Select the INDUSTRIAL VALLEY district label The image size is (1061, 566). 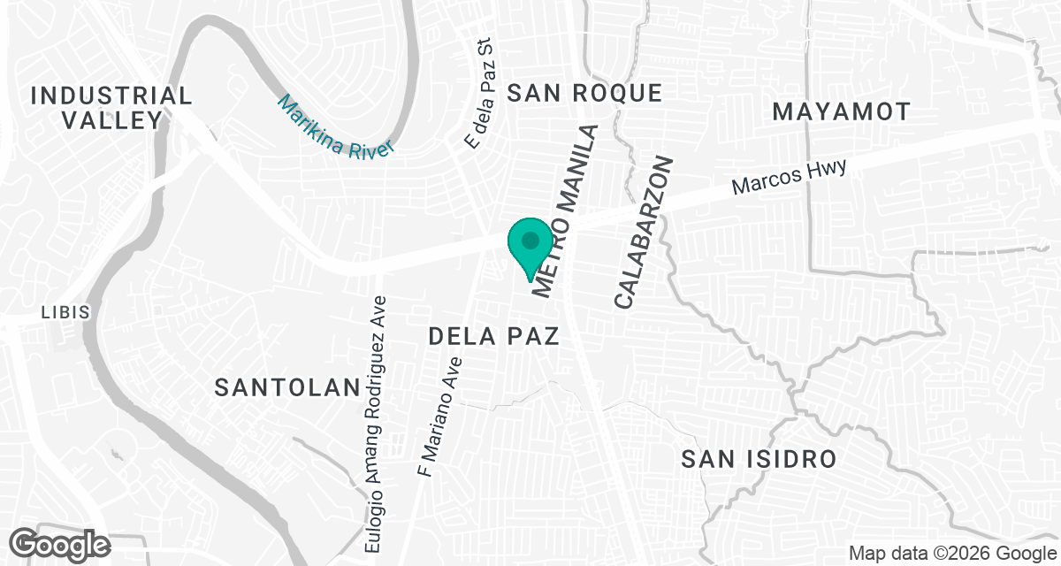[x=111, y=108]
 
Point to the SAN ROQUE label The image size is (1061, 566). [x=585, y=93]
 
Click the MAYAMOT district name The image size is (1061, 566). [x=841, y=111]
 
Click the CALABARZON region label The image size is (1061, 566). [x=645, y=233]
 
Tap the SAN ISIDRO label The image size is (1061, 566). [x=759, y=459]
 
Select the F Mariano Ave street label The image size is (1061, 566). [x=440, y=417]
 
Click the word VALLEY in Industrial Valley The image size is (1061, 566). [x=111, y=120]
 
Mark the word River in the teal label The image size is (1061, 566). [x=370, y=145]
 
